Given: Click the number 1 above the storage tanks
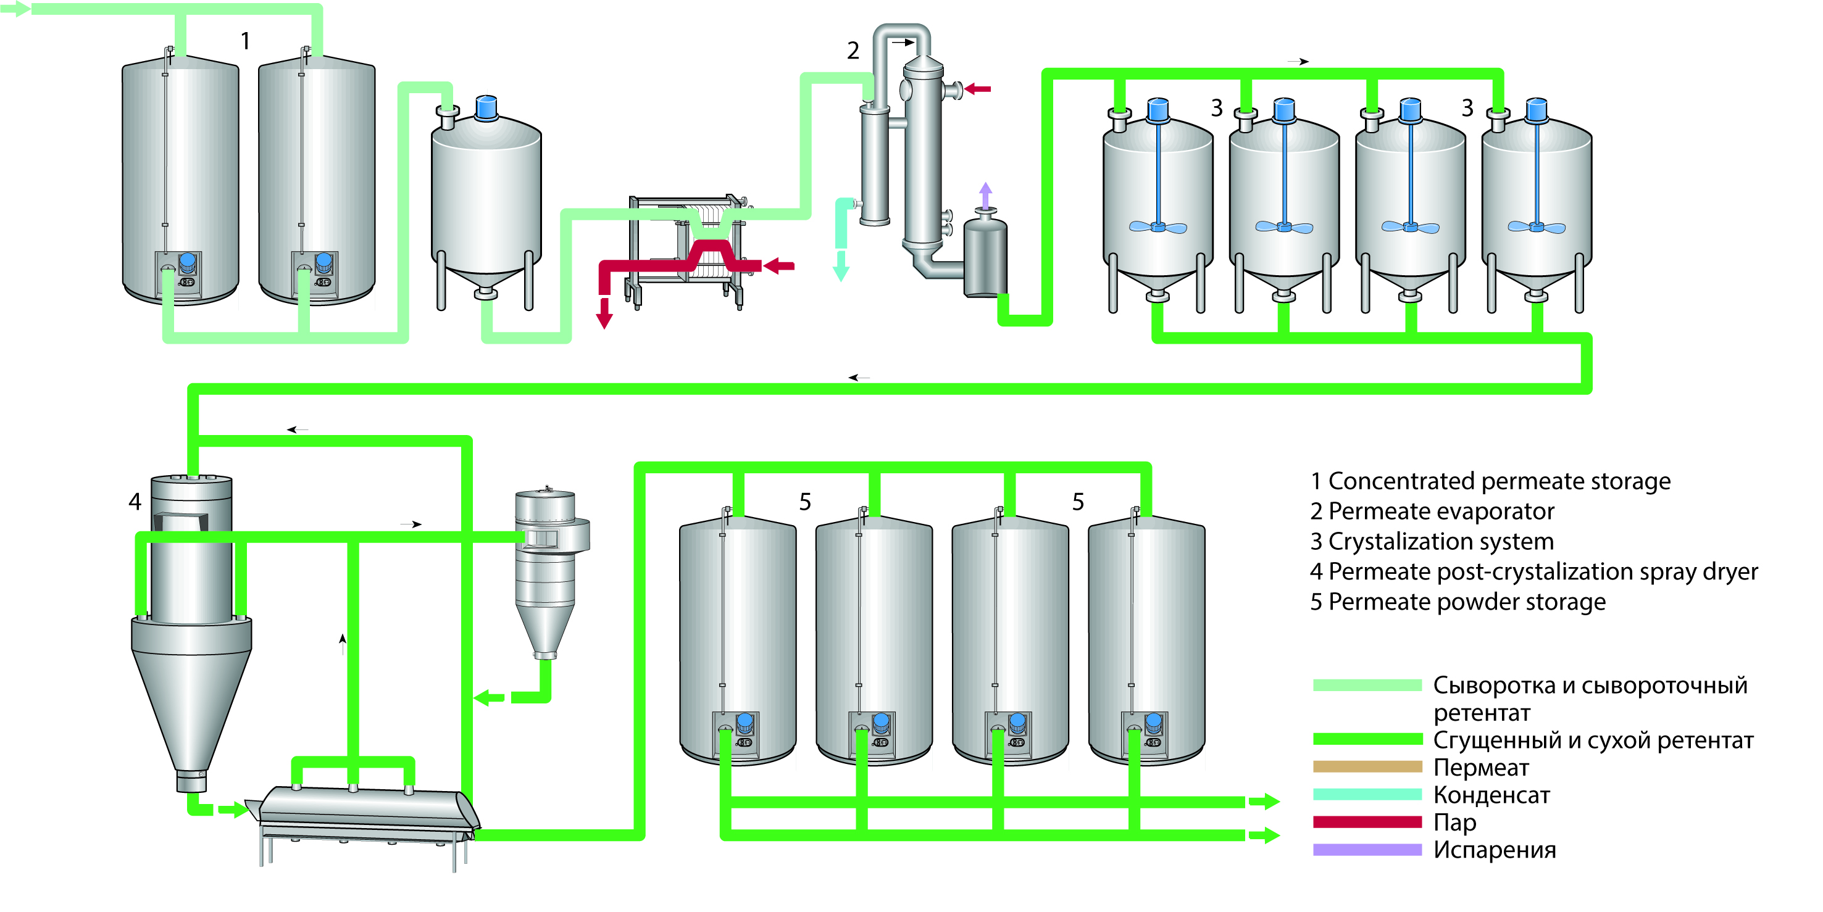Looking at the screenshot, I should click(x=245, y=41).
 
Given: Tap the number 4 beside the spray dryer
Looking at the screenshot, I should click(x=135, y=502).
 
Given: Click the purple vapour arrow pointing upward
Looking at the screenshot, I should click(x=985, y=194).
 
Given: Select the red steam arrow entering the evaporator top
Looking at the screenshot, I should click(x=978, y=89).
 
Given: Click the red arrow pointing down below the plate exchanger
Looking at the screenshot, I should click(x=604, y=314).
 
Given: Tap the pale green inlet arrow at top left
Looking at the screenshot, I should click(x=15, y=9).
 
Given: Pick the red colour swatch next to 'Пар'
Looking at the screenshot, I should click(x=1367, y=822).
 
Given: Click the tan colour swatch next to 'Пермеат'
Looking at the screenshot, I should click(x=1367, y=767).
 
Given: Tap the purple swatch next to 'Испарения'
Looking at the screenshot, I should click(x=1367, y=850).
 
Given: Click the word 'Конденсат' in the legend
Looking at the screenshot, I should click(x=1491, y=795).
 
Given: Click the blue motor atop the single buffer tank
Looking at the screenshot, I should click(x=486, y=107).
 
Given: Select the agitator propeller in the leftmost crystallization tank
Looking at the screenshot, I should click(x=1157, y=227).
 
